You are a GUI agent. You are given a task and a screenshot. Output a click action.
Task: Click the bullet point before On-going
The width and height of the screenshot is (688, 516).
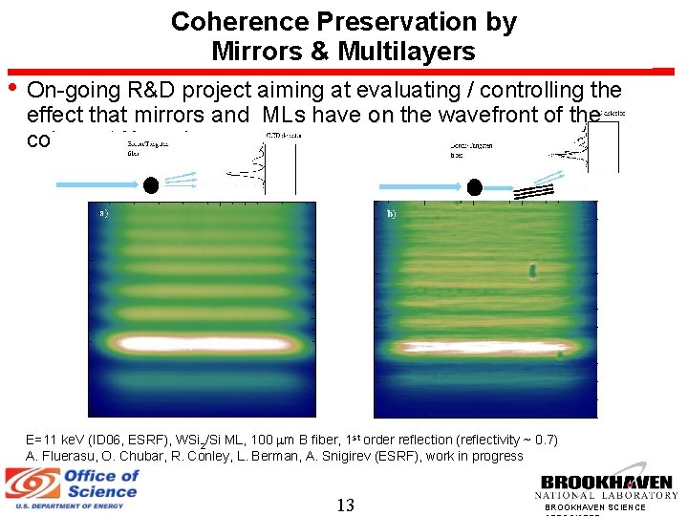click(11, 88)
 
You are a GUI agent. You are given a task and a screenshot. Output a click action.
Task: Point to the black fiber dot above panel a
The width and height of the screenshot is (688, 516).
click(151, 184)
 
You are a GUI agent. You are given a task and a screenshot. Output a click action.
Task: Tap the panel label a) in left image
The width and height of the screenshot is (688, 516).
click(104, 213)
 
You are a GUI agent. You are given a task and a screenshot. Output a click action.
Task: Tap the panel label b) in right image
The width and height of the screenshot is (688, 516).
click(392, 214)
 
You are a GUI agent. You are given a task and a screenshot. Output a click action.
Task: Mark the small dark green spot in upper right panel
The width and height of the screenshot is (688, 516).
click(532, 272)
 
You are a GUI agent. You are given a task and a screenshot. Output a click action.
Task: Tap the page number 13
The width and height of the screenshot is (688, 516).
click(345, 505)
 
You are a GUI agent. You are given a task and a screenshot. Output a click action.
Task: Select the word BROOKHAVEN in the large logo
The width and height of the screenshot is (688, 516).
click(607, 483)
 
